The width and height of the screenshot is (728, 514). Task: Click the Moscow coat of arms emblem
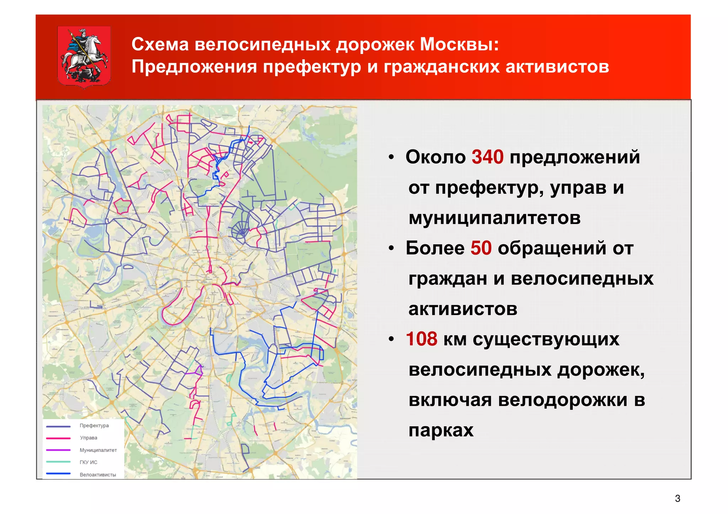pos(84,57)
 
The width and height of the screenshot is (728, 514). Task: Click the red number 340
pos(487,157)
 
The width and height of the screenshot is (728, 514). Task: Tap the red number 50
pos(481,248)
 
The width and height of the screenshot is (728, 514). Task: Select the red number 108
pos(421,339)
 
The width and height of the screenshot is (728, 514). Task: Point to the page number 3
pos(678,499)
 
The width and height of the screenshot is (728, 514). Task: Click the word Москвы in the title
pos(459,45)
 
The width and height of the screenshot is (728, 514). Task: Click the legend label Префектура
pos(94,426)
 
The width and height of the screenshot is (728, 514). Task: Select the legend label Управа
pos(89,438)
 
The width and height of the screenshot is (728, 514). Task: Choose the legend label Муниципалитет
pos(98,450)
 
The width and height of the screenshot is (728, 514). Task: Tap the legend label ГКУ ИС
pos(89,462)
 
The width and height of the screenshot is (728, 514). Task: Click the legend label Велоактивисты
pos(98,475)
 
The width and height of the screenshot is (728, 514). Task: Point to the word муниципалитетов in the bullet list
pos(494,218)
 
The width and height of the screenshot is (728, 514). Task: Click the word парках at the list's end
pos(441,431)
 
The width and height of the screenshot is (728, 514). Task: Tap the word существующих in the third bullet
pos(546,340)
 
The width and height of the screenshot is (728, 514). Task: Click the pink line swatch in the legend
pos(58,438)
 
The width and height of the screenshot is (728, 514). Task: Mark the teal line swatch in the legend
pos(58,462)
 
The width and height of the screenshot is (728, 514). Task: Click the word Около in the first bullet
pos(435,157)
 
